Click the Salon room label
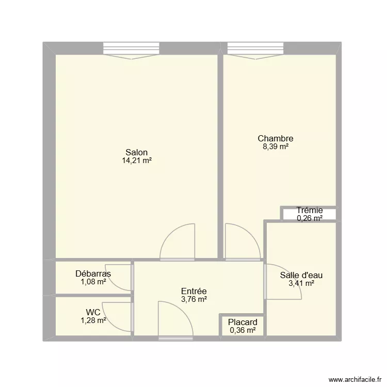(137, 152)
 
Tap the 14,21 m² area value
(137, 160)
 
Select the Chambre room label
(276, 138)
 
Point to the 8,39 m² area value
(276, 147)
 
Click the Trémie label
(310, 210)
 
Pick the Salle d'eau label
(301, 275)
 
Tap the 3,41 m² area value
(301, 283)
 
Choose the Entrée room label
(194, 291)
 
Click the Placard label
(243, 322)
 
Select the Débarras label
(93, 273)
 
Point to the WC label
(93, 312)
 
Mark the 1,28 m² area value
(93, 320)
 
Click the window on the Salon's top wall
(131, 49)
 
